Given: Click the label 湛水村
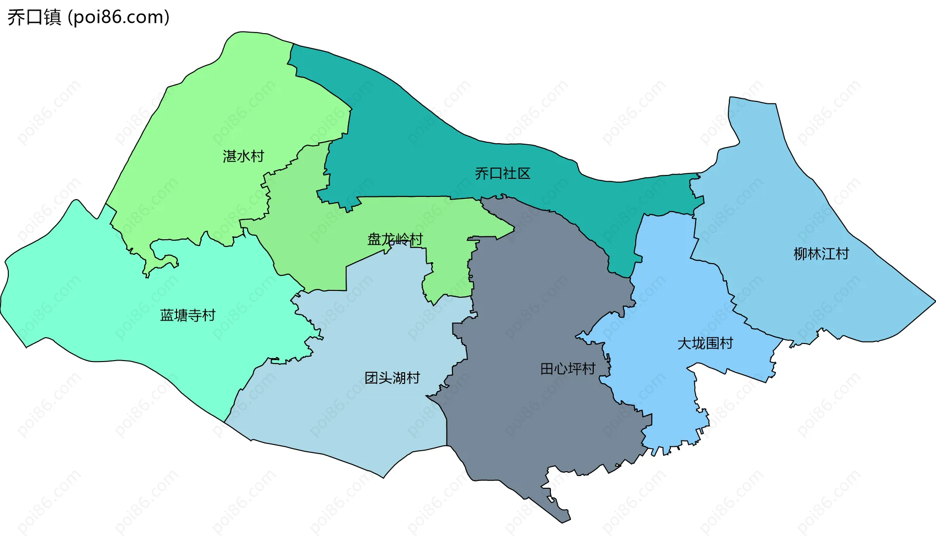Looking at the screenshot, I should coord(243,156).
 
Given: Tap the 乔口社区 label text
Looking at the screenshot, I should coord(503,173).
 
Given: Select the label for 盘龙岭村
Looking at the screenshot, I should coord(395,239).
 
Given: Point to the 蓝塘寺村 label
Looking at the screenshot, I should coord(188,316).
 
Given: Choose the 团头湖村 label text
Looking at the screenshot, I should coord(392,378).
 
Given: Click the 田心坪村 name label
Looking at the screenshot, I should coord(568,369).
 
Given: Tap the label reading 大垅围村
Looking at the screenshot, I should coord(705,344).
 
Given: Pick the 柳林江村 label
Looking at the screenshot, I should coord(821,254).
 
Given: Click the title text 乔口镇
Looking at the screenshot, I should coord(34,18).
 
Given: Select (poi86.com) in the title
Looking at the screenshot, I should coord(118,18).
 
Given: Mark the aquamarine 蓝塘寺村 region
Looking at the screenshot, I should coord(97,302).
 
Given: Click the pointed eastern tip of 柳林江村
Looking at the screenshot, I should coord(929,302).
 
